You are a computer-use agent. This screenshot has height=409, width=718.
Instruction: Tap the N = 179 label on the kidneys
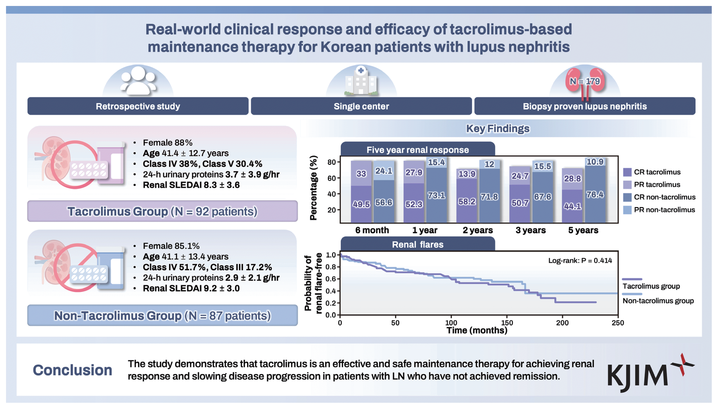pyautogui.click(x=584, y=82)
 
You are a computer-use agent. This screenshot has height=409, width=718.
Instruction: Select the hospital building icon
pyautogui.click(x=361, y=82)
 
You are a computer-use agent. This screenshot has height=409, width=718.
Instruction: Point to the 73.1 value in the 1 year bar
pyautogui.click(x=436, y=195)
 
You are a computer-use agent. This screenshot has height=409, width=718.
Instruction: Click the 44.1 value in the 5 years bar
pyautogui.click(x=572, y=207)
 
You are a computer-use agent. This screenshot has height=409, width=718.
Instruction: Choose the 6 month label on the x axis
pyautogui.click(x=372, y=230)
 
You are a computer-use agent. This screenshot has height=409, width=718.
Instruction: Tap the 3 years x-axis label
pyautogui.click(x=531, y=230)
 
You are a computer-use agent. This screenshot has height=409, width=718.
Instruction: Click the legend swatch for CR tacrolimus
pyautogui.click(x=627, y=172)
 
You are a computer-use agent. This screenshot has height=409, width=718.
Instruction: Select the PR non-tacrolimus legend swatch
pyautogui.click(x=627, y=210)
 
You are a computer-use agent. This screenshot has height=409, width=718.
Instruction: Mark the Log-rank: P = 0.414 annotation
pyautogui.click(x=580, y=261)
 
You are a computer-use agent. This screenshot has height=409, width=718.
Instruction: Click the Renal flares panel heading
pyautogui.click(x=418, y=245)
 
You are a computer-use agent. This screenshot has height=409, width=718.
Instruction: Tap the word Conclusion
pyautogui.click(x=73, y=370)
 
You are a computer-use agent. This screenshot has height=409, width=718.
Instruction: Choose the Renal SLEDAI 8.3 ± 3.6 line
pyautogui.click(x=191, y=185)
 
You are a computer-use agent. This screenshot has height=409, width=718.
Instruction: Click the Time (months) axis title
pyautogui.click(x=477, y=330)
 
